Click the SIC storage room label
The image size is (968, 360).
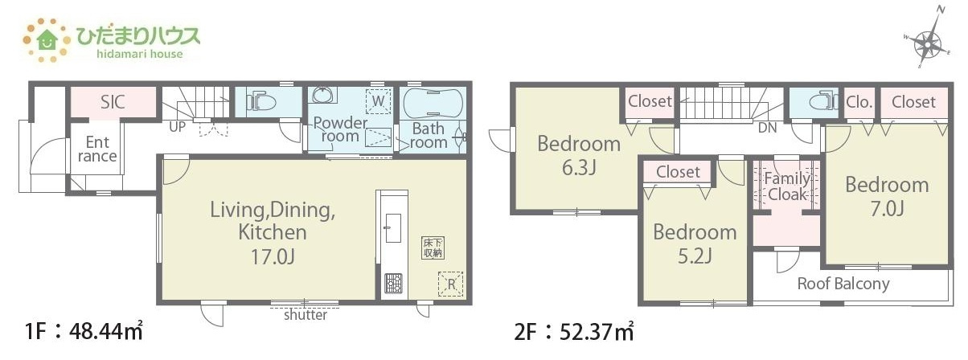113,102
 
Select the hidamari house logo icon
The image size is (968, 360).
47,40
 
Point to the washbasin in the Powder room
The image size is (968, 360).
322,95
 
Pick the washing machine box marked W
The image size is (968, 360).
378,101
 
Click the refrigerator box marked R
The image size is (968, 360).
451,284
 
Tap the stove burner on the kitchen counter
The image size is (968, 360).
393,284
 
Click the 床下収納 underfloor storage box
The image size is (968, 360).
433,247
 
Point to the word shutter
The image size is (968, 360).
306,315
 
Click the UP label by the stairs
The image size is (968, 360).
177,127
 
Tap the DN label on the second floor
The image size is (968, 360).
768,128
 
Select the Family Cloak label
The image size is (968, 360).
787,186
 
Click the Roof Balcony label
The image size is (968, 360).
843,284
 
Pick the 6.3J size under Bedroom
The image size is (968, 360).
579,167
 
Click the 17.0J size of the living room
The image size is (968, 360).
273,256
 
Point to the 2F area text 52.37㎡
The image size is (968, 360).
597,332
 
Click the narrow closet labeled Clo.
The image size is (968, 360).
859,102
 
